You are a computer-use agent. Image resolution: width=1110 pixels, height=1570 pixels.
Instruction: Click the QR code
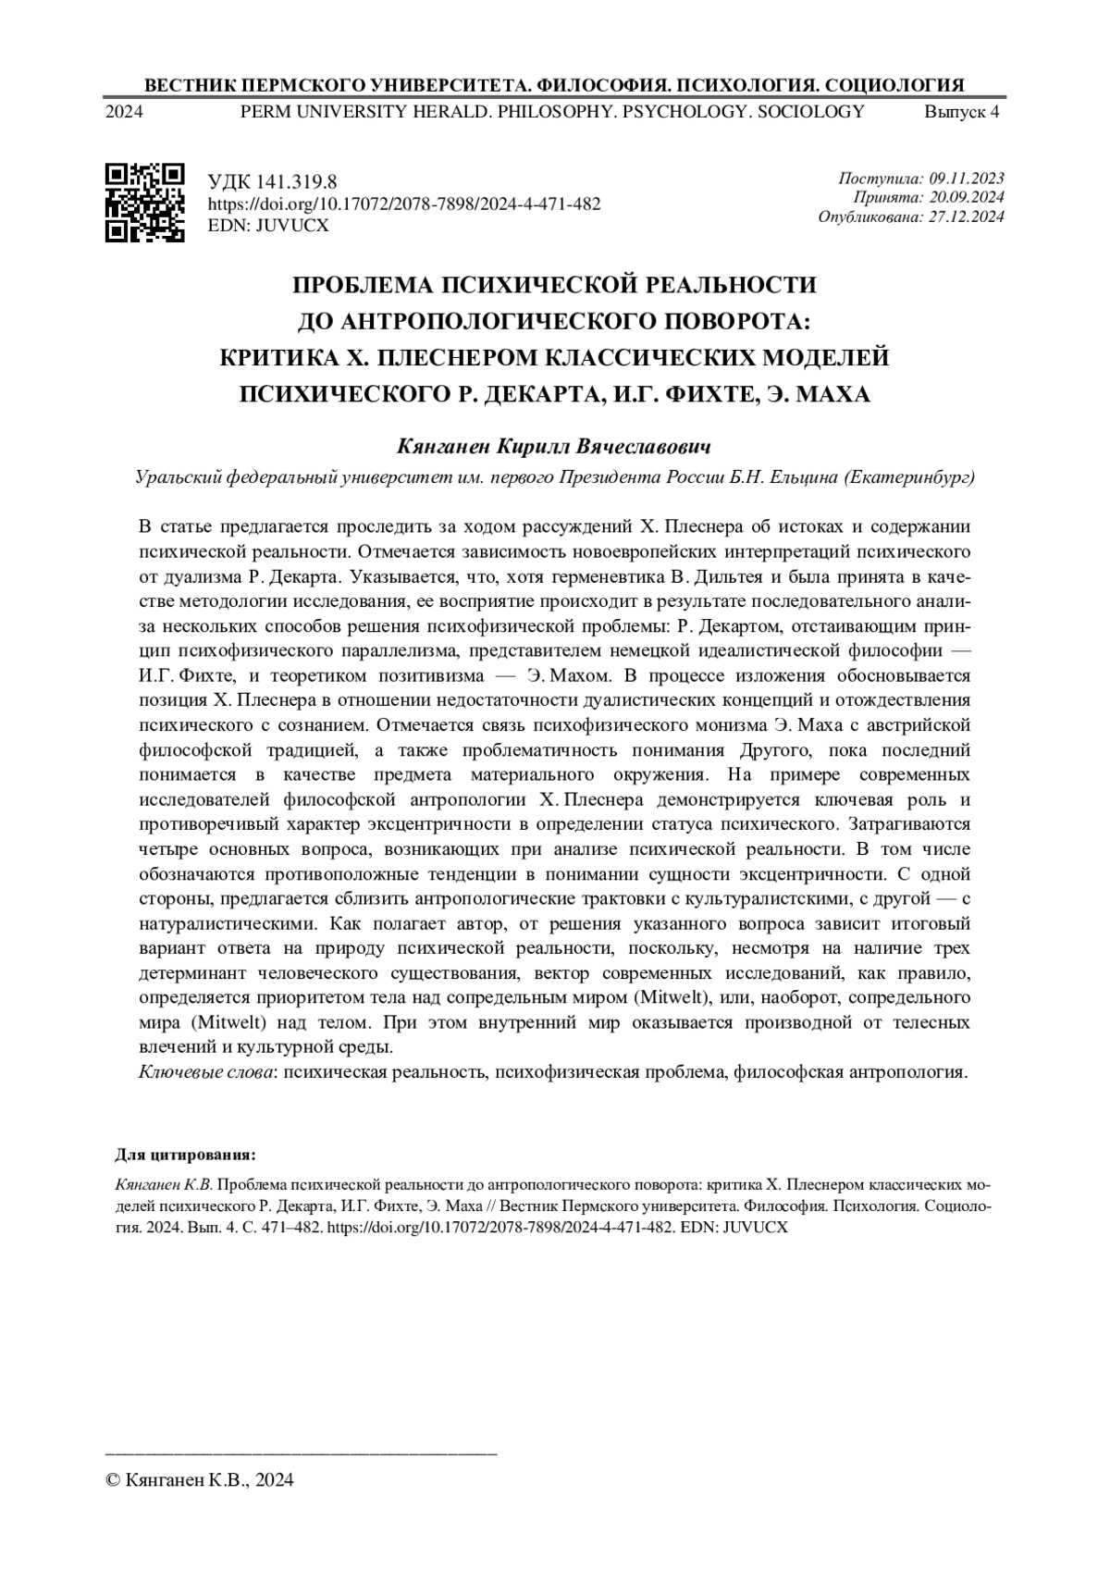coord(145,202)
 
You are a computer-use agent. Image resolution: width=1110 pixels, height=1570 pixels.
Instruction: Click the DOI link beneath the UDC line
coord(404,204)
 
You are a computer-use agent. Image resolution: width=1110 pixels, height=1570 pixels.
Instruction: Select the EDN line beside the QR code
coord(268,225)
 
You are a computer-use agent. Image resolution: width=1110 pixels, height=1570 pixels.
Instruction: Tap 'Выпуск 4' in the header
coord(962,113)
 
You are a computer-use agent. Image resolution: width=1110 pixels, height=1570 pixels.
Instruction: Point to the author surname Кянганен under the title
coord(442,448)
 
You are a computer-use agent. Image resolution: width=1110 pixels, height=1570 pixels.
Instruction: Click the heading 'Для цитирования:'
coord(185,1156)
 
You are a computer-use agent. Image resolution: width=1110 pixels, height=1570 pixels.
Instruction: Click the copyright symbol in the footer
coord(115,1480)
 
